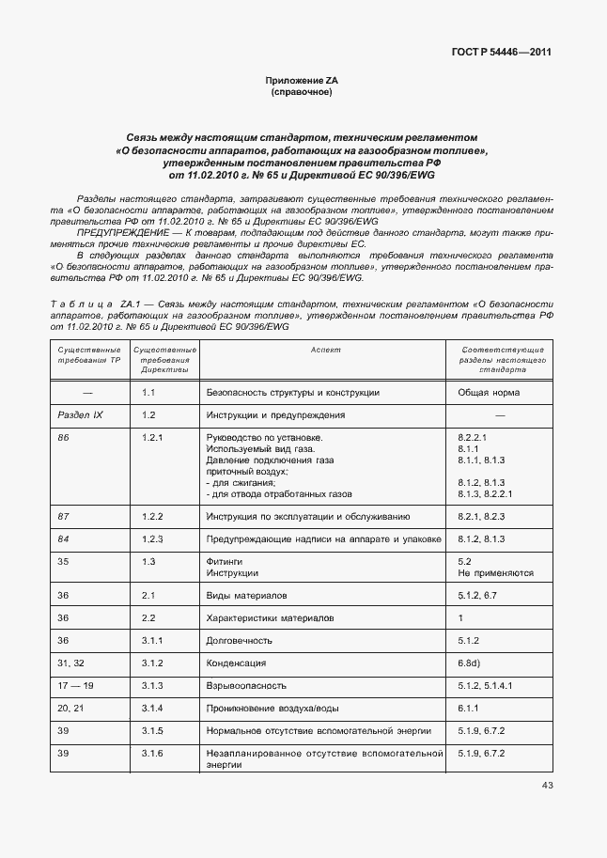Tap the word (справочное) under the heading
[302, 93]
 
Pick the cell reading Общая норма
[489, 392]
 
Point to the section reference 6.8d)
[472, 663]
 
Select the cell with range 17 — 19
[75, 686]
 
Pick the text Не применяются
[495, 572]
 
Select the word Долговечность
[239, 641]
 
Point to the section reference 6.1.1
[469, 709]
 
